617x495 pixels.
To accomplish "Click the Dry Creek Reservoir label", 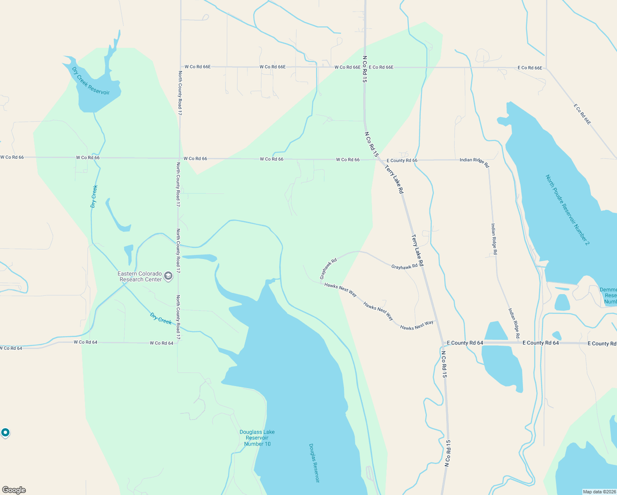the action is click(91, 81).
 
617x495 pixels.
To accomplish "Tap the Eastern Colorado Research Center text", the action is click(140, 276).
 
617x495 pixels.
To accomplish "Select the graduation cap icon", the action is click(168, 276).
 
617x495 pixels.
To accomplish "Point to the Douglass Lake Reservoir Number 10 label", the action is click(257, 438).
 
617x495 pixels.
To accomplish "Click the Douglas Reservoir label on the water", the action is click(314, 463).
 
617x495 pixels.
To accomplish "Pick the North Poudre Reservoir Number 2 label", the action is click(568, 210).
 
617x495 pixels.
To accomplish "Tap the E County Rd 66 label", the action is click(402, 160).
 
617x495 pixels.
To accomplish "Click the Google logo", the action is click(14, 490).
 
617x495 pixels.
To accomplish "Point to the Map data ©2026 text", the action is click(599, 492).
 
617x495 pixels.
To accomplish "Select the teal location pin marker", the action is click(5, 432).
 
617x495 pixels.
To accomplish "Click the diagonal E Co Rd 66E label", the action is click(582, 114).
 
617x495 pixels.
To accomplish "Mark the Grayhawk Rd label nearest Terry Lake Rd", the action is click(404, 267).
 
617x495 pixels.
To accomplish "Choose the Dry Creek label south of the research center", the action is click(161, 319).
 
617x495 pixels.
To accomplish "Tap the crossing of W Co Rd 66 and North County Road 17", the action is click(179, 158).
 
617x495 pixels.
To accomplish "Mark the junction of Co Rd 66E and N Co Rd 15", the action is click(365, 67).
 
